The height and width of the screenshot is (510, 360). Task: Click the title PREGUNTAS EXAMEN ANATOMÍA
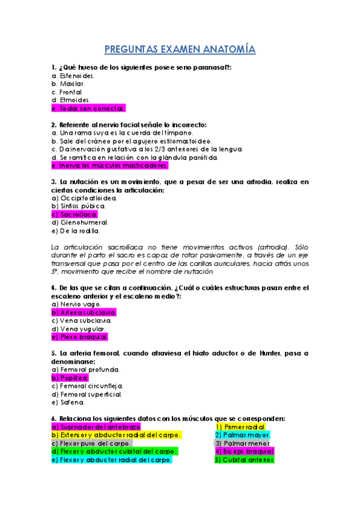pyautogui.click(x=180, y=49)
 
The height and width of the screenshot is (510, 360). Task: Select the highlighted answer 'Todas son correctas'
pyautogui.click(x=89, y=108)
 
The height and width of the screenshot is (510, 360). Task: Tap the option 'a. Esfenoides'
pyautogui.click(x=73, y=76)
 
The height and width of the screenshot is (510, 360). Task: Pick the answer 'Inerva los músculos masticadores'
pyautogui.click(x=111, y=165)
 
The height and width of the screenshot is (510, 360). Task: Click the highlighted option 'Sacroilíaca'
pyautogui.click(x=75, y=214)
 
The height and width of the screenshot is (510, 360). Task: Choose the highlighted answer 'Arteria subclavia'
pyautogui.click(x=84, y=313)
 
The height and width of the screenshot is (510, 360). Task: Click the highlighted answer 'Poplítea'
pyautogui.click(x=70, y=378)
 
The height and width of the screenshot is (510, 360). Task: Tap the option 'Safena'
pyautogui.click(x=69, y=402)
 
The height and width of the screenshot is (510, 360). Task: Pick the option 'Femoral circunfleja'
pyautogui.click(x=87, y=386)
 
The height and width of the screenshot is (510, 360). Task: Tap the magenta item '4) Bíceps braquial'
pyautogui.click(x=244, y=451)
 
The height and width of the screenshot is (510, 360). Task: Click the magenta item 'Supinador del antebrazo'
pyautogui.click(x=96, y=426)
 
